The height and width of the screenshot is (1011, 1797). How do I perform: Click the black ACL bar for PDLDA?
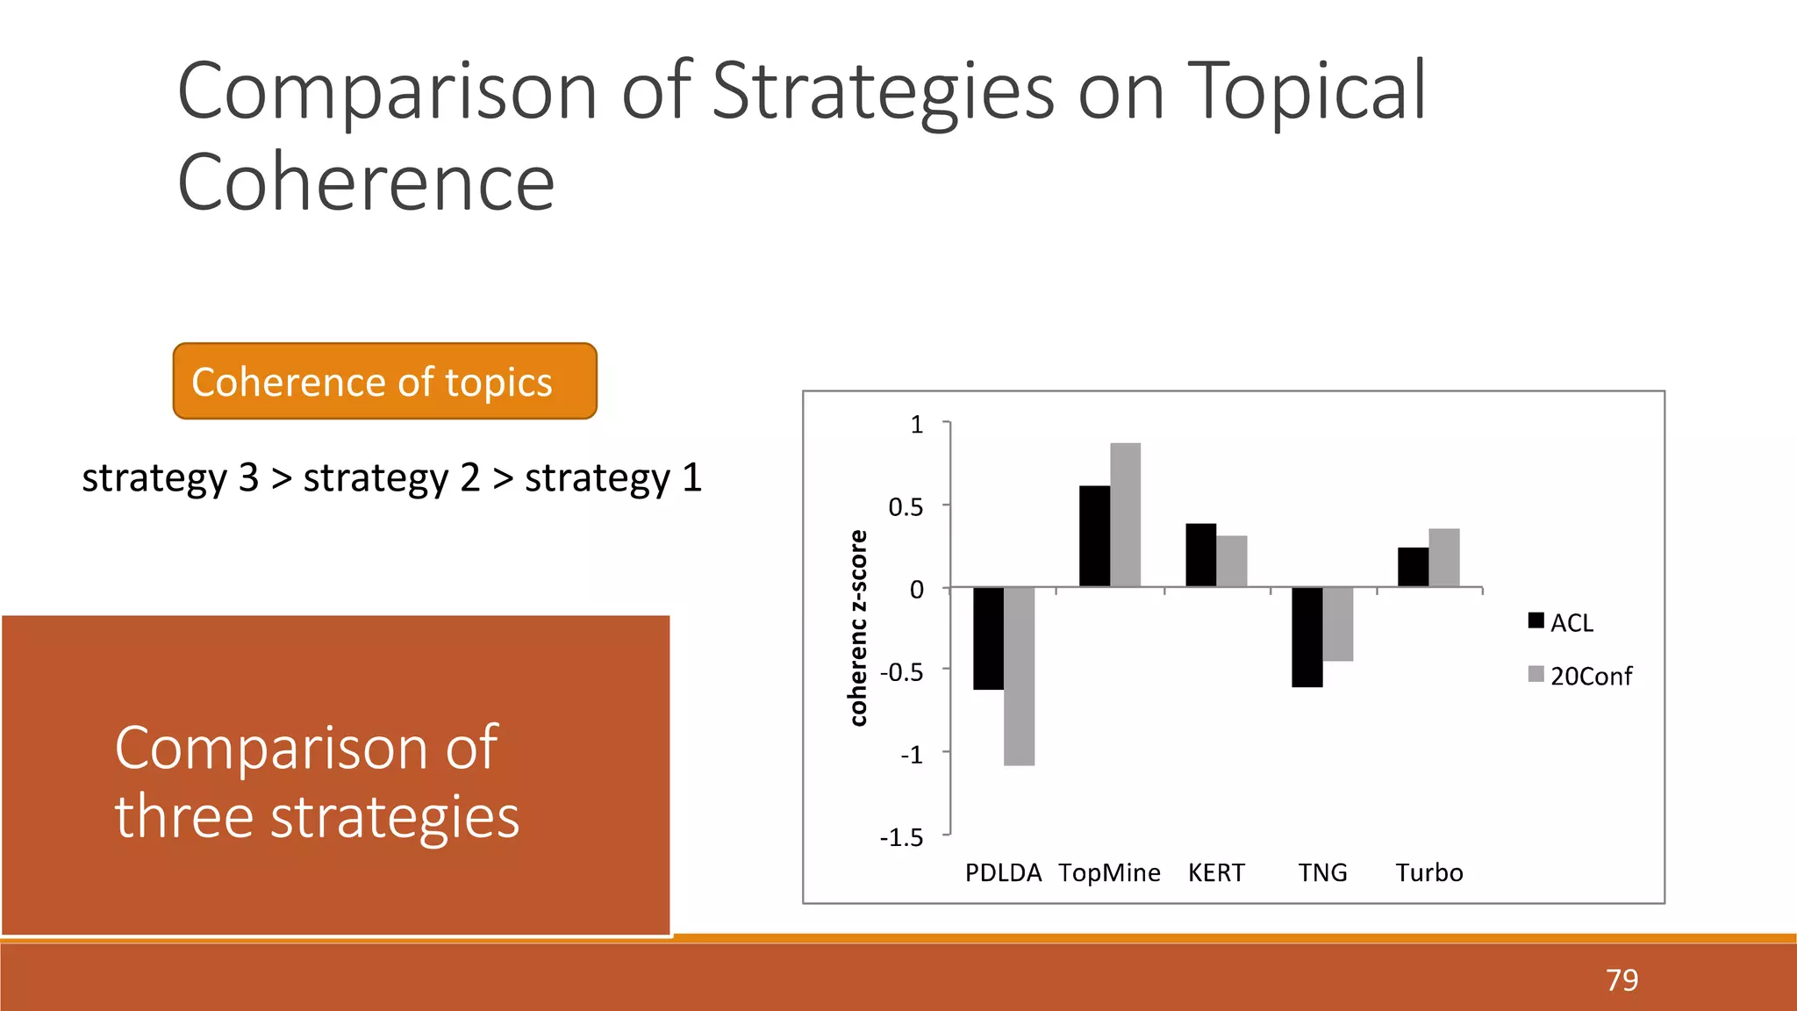988,638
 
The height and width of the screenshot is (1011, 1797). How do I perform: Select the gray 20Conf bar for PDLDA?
1019,676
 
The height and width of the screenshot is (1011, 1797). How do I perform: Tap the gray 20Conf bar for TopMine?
1125,515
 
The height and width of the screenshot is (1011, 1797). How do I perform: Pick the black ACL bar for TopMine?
1094,536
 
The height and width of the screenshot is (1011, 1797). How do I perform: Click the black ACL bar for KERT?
1200,556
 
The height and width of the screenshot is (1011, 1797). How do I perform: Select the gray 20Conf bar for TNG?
1337,624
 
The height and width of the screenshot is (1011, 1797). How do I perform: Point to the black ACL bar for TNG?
1307,637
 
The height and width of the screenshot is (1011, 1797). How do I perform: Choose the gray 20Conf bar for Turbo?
1443,558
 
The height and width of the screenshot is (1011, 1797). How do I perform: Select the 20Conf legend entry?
1579,676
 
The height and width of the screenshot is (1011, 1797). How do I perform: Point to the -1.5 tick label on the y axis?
902,837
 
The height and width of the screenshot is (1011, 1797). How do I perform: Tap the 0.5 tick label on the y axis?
906,507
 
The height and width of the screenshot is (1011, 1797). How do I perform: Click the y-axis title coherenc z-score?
858,628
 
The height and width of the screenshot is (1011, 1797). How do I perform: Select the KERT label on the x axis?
1216,872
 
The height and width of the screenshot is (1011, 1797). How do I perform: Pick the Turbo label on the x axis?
1429,872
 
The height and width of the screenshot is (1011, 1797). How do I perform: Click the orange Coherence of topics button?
384,381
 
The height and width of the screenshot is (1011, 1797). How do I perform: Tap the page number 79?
1622,979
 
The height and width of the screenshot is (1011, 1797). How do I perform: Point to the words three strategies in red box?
317,816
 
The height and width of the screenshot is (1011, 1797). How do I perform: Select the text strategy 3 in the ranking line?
170,478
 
